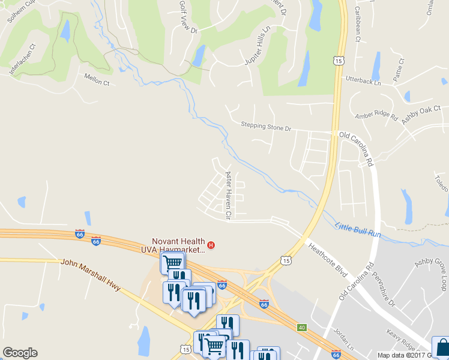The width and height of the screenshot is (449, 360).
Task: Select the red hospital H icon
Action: click(x=211, y=245)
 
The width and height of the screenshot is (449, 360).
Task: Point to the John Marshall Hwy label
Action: click(x=91, y=275)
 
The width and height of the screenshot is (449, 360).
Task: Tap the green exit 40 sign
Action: click(x=302, y=327)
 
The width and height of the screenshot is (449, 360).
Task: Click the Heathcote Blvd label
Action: click(x=328, y=259)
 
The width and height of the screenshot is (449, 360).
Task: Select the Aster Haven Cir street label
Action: click(x=228, y=194)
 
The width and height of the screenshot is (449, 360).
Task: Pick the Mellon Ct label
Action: click(x=97, y=79)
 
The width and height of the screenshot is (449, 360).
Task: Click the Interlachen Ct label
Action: click(x=23, y=59)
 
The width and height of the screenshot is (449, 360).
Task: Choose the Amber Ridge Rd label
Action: click(x=376, y=116)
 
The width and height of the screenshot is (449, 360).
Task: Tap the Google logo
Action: click(x=20, y=353)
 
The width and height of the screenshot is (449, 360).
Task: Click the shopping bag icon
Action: click(x=441, y=347)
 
